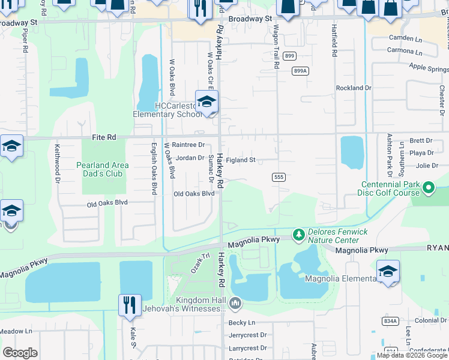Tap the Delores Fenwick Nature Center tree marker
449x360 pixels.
pos(298,234)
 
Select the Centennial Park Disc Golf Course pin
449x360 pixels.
pos(428,188)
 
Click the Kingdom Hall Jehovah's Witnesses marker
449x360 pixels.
pos(235,304)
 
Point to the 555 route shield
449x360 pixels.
pos(277,177)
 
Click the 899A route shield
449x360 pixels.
pos(301,71)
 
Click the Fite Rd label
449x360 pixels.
pos(104,137)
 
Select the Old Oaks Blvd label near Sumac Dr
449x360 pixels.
pos(194,194)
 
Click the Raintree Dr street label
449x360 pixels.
pos(188,145)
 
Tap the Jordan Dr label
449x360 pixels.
pos(190,158)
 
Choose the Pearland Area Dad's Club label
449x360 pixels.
pos(102,170)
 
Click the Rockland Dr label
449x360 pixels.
pos(354,88)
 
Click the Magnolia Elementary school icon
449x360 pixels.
pos(388,272)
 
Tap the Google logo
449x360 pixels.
pos(20,353)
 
